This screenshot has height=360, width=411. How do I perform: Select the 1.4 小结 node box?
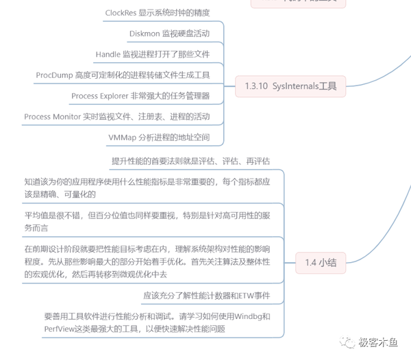pyautogui.click(x=321, y=261)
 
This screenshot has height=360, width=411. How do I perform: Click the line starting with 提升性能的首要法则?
pyautogui.click(x=191, y=160)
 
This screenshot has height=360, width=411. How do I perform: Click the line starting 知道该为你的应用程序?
pyautogui.click(x=148, y=187)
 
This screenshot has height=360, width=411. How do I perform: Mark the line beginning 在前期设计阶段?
pyautogui.click(x=148, y=261)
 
